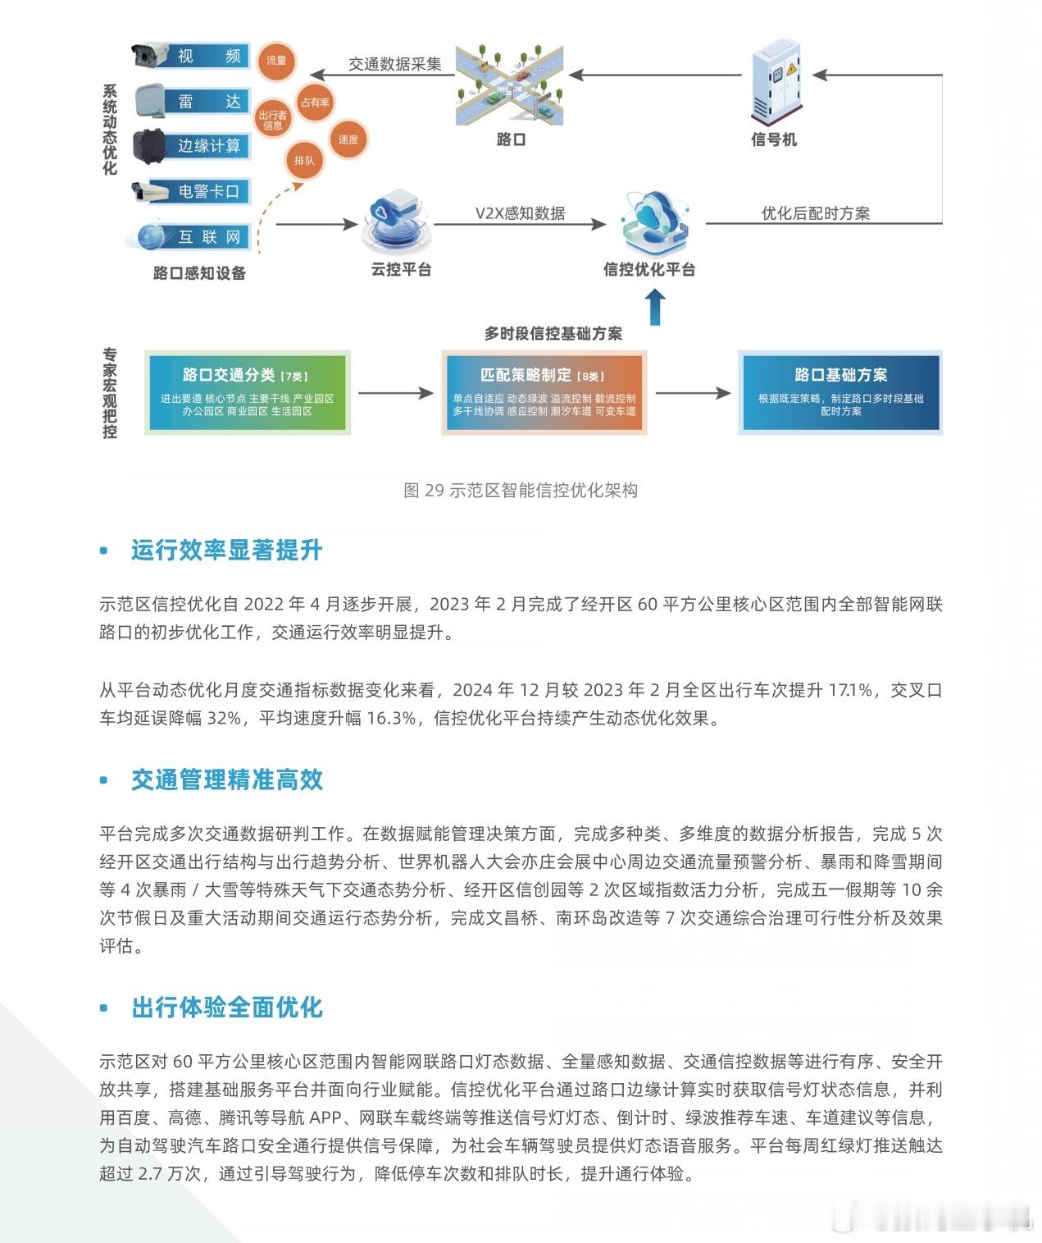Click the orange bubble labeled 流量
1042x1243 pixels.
(276, 61)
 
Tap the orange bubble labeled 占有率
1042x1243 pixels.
(315, 103)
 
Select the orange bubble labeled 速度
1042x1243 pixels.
(348, 139)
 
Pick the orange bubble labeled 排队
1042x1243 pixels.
(304, 161)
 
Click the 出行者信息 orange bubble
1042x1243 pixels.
(273, 120)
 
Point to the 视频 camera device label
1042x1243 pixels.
(208, 56)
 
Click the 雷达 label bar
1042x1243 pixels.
(208, 101)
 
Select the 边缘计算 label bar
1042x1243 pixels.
(208, 146)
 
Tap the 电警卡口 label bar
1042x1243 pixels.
(208, 191)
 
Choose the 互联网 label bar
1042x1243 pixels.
(208, 236)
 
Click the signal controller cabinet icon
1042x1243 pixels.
(775, 82)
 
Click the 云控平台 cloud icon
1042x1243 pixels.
(396, 222)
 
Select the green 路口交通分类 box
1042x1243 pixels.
(247, 392)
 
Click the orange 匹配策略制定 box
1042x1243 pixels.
(544, 392)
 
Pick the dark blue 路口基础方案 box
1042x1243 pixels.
(840, 392)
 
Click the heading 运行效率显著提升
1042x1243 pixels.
(226, 551)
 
